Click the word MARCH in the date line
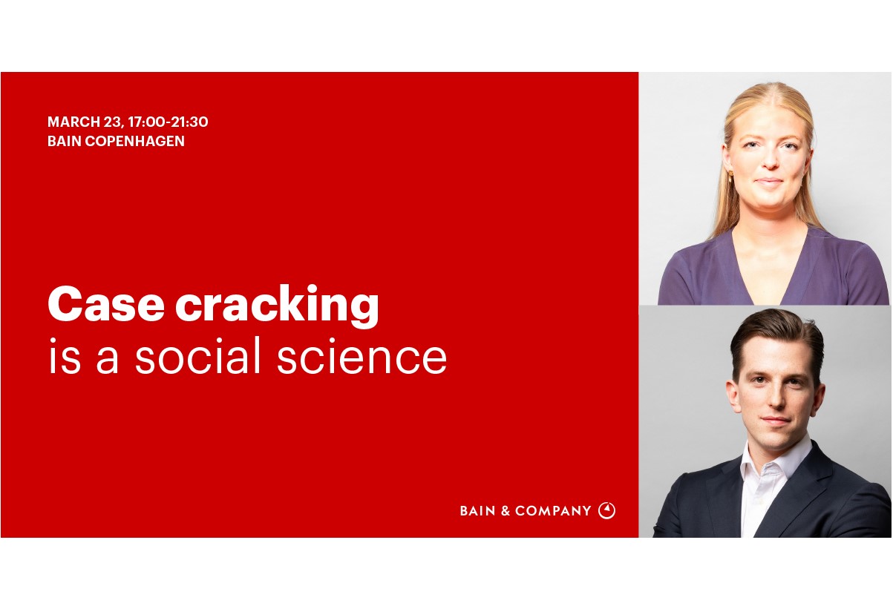pos(69,122)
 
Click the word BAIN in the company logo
pos(477,511)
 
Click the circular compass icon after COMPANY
pos(606,510)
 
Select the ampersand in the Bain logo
pos(506,511)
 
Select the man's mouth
pos(773,421)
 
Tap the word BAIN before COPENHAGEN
pos(63,141)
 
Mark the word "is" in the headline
pos(63,358)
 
